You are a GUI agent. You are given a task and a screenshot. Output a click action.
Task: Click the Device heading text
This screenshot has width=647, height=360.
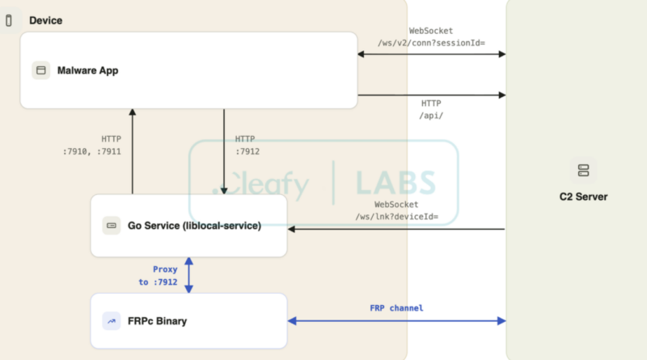(46, 20)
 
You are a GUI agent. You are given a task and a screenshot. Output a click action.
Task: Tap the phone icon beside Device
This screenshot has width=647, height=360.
(9, 20)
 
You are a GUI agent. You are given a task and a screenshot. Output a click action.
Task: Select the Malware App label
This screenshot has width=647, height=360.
(87, 70)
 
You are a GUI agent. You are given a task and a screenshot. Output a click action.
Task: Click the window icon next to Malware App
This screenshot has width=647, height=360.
(41, 70)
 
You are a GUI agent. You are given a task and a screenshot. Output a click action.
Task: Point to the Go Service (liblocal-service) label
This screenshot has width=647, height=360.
(194, 226)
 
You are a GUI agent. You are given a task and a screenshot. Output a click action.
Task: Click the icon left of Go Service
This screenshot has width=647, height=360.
(112, 226)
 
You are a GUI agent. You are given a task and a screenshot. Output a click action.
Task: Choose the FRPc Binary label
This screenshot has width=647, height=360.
(157, 321)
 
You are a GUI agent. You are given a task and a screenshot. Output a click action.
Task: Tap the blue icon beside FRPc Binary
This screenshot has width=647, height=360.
(112, 321)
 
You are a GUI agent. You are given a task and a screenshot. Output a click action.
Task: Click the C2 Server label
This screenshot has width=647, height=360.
(583, 197)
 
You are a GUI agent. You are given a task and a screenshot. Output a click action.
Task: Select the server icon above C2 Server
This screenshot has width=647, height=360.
(583, 170)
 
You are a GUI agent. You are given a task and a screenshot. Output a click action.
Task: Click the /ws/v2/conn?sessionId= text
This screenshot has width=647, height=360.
(431, 43)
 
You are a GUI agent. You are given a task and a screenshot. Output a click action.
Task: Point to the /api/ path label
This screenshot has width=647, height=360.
(431, 116)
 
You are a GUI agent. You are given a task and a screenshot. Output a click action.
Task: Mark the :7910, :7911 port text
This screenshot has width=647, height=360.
(92, 151)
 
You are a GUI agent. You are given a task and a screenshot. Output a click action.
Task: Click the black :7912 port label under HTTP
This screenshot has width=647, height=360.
(247, 151)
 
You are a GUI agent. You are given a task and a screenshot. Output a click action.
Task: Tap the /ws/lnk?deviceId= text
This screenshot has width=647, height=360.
(397, 216)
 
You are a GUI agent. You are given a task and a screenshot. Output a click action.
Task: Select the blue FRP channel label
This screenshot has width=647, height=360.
(396, 308)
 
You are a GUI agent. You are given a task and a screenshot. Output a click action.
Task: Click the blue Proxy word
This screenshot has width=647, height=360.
(165, 269)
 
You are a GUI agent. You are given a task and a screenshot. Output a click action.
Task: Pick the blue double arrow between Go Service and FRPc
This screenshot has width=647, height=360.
(189, 275)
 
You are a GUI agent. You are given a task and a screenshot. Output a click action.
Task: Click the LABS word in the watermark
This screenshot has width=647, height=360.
(395, 183)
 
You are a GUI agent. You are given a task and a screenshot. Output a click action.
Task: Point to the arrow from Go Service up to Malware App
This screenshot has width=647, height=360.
(133, 151)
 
